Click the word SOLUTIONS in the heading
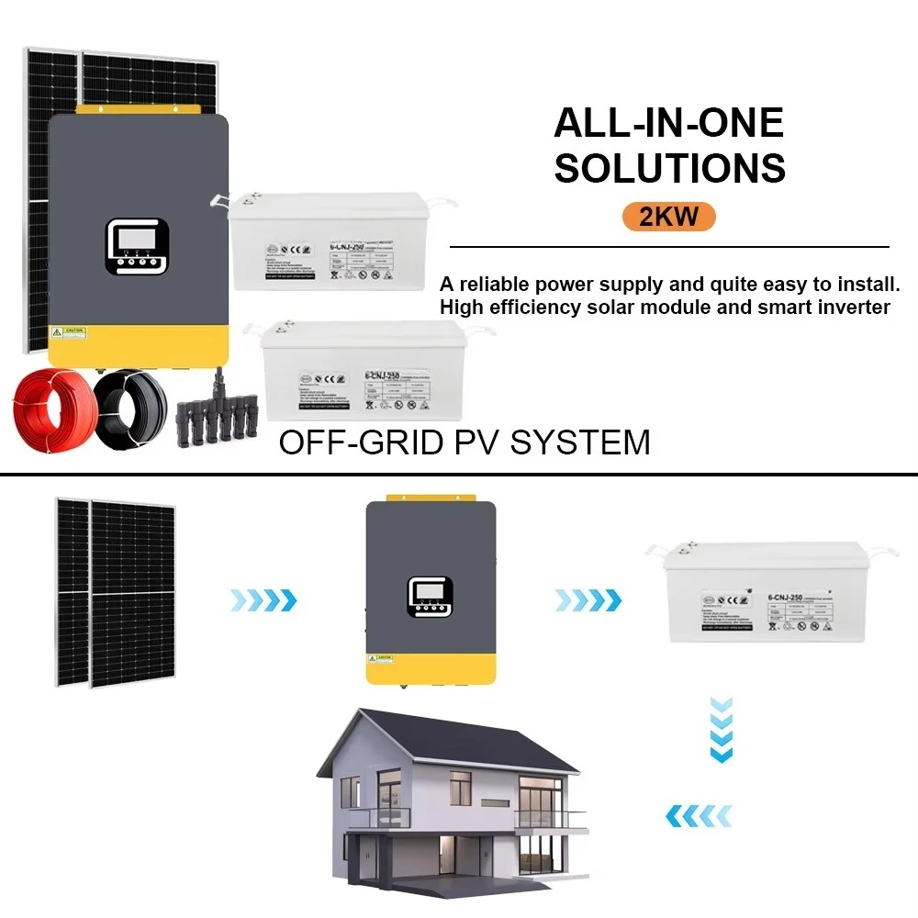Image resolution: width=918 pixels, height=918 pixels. click(670, 168)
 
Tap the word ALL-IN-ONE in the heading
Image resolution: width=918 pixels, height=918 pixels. click(668, 123)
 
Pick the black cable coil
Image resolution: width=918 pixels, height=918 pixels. click(131, 406)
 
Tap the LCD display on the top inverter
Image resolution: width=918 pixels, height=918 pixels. click(136, 241)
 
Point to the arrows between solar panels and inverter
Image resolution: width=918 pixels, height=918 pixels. click(263, 600)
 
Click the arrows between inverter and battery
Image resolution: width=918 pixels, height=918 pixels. click(588, 600)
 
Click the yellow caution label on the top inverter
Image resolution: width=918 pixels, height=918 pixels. click(69, 330)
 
